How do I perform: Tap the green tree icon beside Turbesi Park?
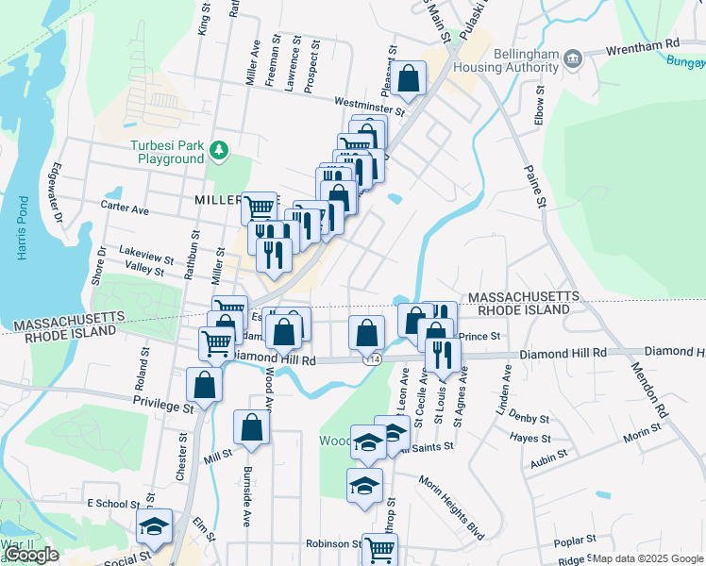[219, 150]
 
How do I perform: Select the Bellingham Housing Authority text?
[506, 60]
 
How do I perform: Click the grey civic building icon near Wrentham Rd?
[573, 61]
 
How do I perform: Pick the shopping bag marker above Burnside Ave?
[252, 427]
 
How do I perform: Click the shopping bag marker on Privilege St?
[205, 384]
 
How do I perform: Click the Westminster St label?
[368, 106]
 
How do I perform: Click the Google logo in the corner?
[31, 555]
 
